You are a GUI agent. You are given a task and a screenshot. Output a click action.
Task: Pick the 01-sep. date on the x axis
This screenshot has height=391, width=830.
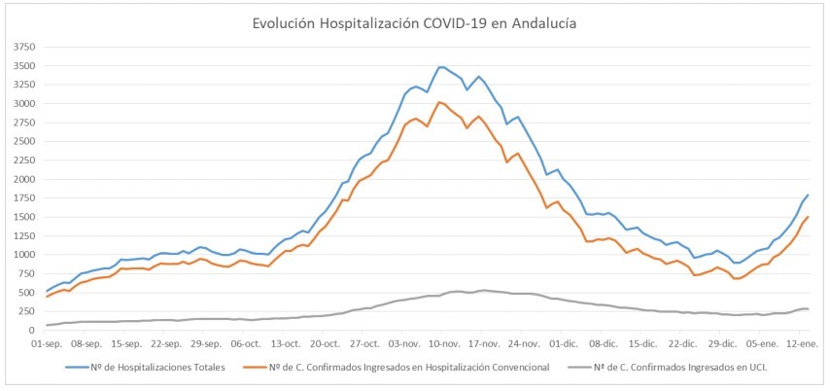coord(47,343)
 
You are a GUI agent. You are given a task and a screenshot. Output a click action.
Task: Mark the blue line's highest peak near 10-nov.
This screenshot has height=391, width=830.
coord(442,67)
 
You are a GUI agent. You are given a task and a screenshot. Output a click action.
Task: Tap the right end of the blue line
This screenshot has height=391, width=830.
coord(808,195)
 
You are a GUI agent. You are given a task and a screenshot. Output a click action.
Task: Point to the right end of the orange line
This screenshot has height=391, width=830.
coord(808,217)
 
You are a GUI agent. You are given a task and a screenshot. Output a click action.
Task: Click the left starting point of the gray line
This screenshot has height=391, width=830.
coord(47,325)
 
